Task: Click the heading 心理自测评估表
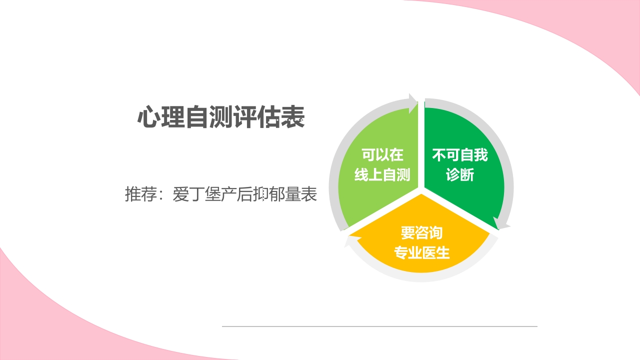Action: click(x=221, y=118)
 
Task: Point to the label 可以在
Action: click(x=382, y=155)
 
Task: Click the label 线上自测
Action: click(x=382, y=175)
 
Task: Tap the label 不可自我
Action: click(x=460, y=155)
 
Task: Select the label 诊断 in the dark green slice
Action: click(x=460, y=175)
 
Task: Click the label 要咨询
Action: click(x=421, y=232)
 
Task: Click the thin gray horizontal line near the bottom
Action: click(x=379, y=326)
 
